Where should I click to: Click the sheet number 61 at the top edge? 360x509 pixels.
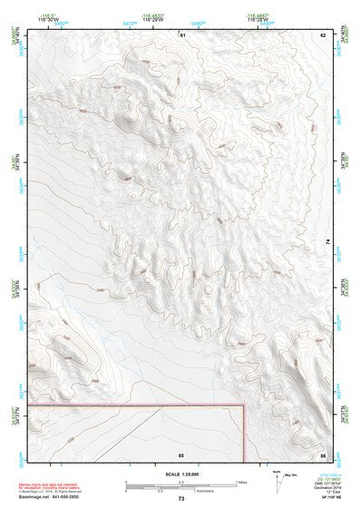(181, 34)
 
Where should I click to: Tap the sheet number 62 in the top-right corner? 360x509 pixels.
(322, 34)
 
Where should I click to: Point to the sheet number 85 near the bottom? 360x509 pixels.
(181, 453)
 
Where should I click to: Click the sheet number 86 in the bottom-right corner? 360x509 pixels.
(322, 453)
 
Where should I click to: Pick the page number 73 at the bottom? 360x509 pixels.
(181, 499)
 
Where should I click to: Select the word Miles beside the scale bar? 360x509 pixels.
(240, 483)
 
